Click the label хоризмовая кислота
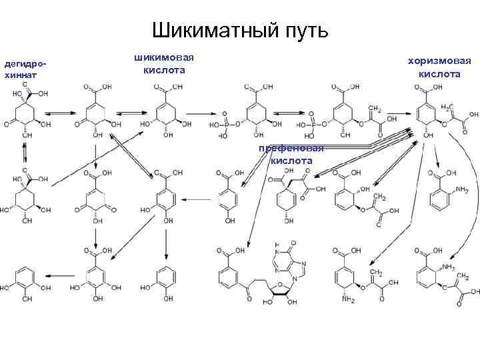coord(439,67)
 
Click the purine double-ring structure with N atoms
coord(287,263)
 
